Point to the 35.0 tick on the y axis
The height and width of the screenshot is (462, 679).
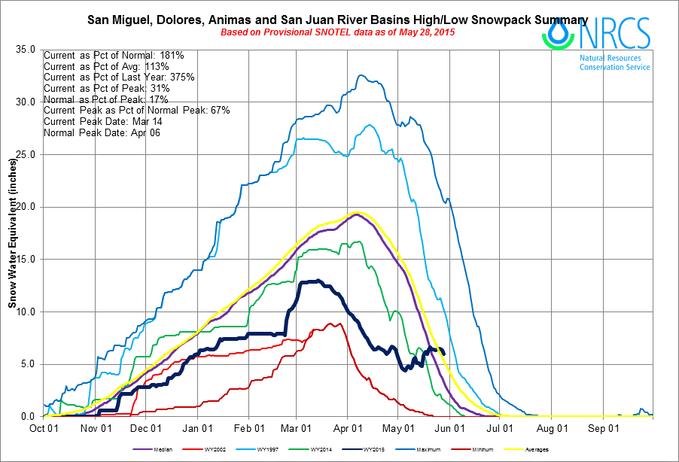tap(26, 50)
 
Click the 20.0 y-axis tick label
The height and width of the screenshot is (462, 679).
tap(26, 207)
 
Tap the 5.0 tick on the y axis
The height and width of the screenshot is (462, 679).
tap(28, 364)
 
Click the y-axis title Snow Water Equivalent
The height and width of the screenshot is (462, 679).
tap(12, 233)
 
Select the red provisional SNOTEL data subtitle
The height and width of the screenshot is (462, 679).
tap(337, 32)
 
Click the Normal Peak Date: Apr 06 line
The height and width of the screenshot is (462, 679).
tap(102, 132)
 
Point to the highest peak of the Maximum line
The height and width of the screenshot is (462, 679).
tap(361, 74)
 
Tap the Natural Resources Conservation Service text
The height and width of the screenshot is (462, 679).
tap(614, 62)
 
